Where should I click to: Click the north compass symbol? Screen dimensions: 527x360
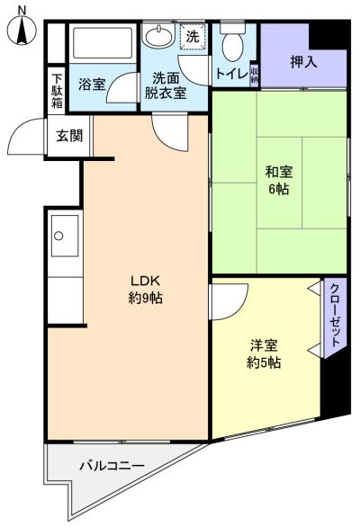coord(21,31)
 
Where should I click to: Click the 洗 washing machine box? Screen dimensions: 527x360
coord(193,37)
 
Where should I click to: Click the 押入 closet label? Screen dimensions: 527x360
coord(304,62)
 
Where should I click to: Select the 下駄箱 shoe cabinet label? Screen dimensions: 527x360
coord(57,90)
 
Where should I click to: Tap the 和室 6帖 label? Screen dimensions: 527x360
coord(278,180)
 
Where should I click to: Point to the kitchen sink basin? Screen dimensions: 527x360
coord(59,237)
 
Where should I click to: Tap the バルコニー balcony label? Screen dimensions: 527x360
coord(112,465)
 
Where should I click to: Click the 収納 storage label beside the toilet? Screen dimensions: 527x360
coord(255,73)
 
